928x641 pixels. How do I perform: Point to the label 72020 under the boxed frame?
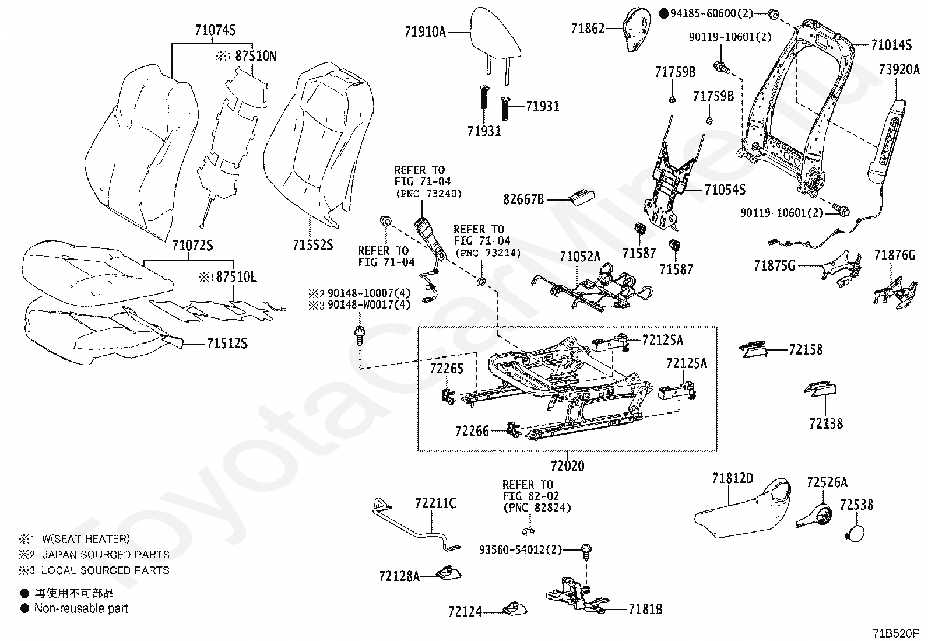click(x=567, y=466)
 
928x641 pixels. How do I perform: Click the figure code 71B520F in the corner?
click(x=895, y=633)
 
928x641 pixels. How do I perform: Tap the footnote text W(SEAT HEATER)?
click(x=85, y=539)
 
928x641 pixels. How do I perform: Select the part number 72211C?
click(x=435, y=503)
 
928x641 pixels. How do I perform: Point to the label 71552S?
click(x=312, y=244)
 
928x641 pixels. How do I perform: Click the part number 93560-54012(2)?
click(x=521, y=549)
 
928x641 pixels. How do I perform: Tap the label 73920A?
click(x=899, y=70)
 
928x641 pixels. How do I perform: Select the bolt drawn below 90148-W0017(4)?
click(x=360, y=337)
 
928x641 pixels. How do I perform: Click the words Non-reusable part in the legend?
click(x=81, y=608)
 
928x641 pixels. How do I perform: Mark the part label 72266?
click(x=472, y=431)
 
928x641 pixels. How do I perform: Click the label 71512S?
click(x=227, y=344)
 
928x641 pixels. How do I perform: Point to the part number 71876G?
click(x=894, y=255)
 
